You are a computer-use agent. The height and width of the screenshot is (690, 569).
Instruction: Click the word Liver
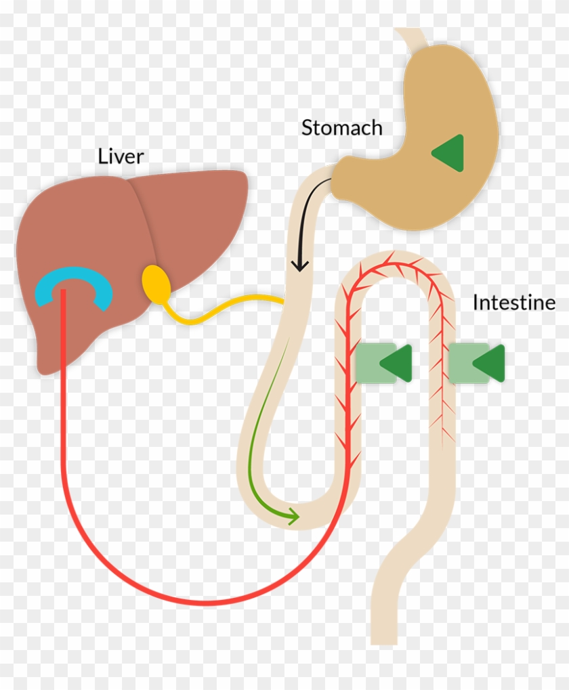[x=121, y=156]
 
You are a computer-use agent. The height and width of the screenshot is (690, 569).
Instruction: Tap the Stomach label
[x=341, y=128]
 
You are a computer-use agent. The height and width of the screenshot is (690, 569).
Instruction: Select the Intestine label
[x=513, y=303]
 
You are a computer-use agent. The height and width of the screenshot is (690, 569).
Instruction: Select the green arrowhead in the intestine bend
[x=293, y=517]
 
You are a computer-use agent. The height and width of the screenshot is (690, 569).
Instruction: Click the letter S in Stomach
[x=308, y=128]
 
